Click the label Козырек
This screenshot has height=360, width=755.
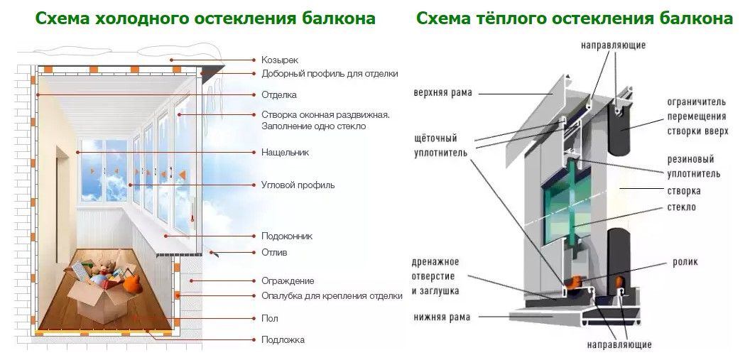280,60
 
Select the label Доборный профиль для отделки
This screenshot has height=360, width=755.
330,74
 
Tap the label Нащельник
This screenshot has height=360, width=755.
285,153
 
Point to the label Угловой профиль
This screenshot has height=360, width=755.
298,185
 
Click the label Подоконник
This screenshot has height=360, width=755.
287,236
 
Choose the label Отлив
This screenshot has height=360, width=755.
274,252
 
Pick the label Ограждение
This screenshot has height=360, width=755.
288,280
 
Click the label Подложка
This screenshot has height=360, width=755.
283,340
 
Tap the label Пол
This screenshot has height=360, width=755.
270,319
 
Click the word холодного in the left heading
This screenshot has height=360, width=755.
141,18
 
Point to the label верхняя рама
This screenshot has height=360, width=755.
442,93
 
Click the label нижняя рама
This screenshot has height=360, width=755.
442,317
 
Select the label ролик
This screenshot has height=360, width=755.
685,262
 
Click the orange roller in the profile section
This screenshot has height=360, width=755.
573,283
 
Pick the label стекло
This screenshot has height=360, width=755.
681,207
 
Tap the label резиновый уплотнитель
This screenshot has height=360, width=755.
694,166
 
